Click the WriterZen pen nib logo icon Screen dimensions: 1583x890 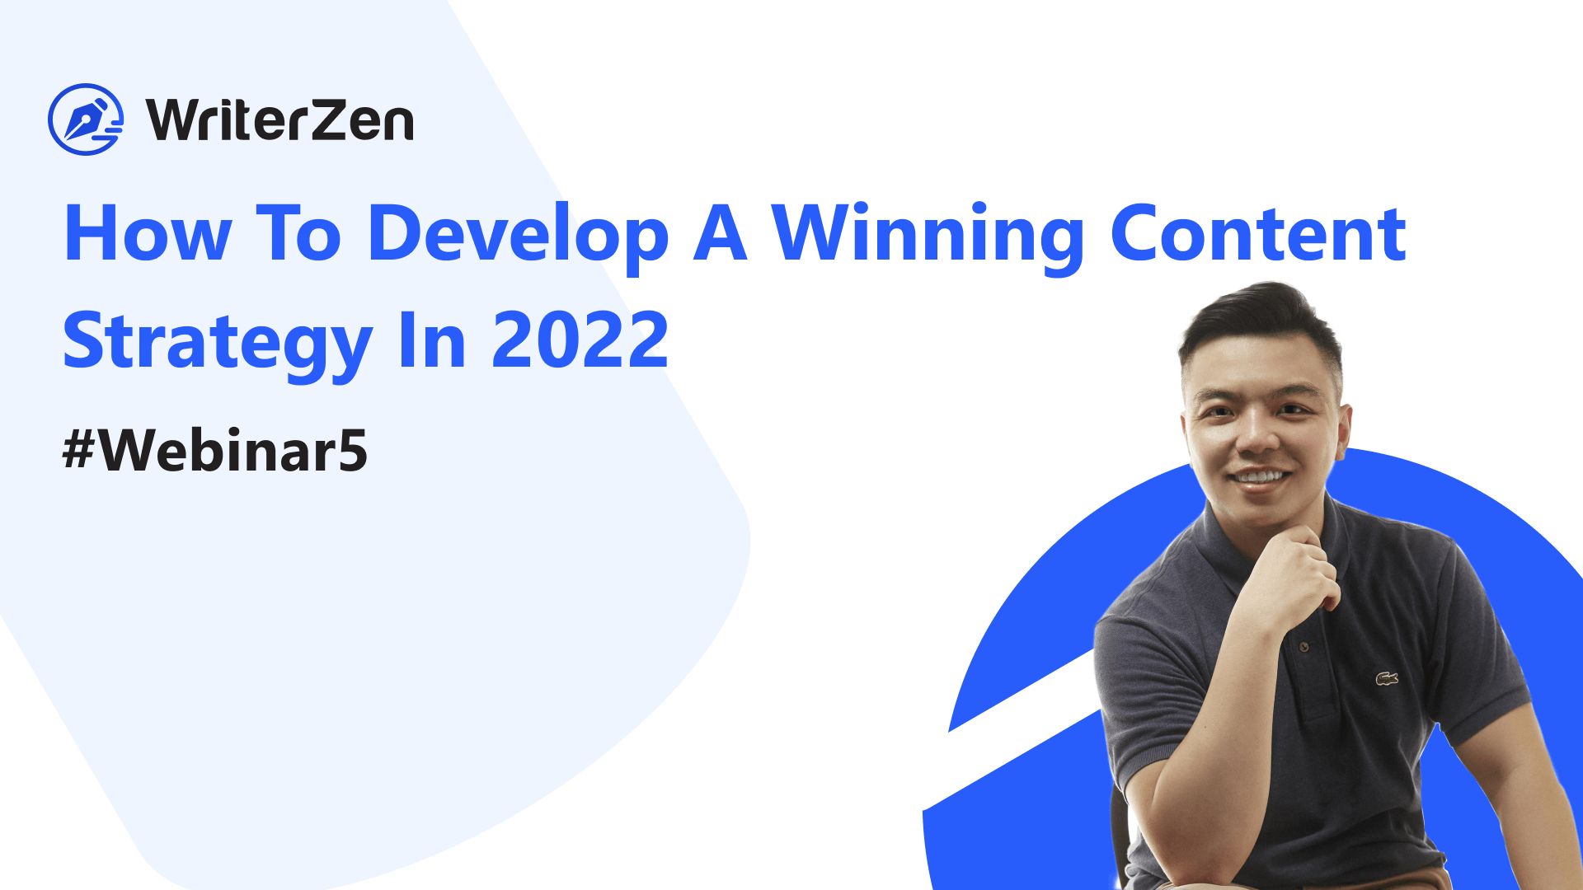click(x=86, y=119)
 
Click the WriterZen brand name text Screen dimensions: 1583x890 click(x=280, y=120)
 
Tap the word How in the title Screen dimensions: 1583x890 click(x=148, y=234)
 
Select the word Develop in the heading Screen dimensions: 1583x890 click(x=518, y=237)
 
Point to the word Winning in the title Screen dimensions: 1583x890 click(x=928, y=237)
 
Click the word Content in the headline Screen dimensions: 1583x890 click(x=1258, y=234)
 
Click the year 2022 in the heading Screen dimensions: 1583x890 click(x=580, y=340)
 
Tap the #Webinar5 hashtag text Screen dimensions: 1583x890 click(x=214, y=451)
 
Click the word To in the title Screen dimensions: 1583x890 click(x=299, y=234)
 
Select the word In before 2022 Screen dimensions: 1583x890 click(x=432, y=340)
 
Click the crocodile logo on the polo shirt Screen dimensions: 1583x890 click(x=1387, y=679)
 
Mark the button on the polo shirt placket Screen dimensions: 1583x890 click(x=1304, y=647)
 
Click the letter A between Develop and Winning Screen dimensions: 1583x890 click(x=721, y=234)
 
